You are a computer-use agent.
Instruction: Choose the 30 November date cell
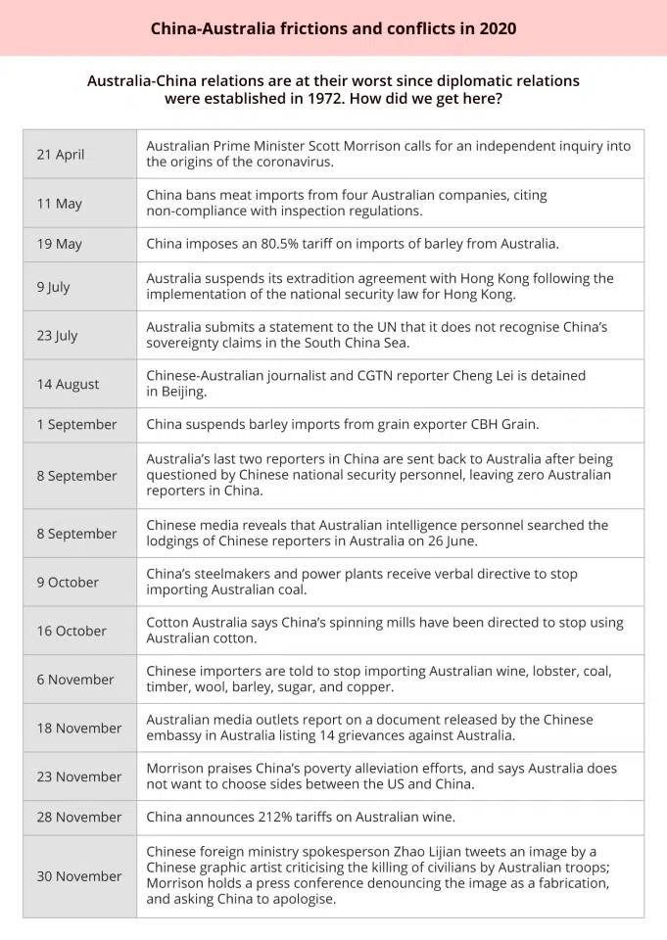coord(79,876)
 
